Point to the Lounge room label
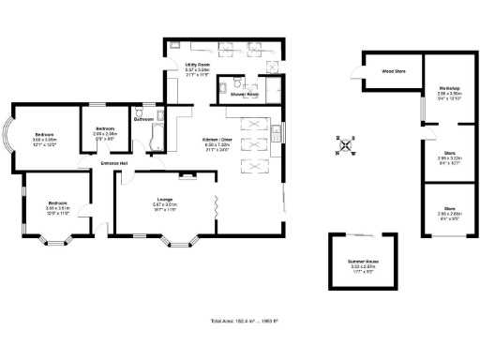click(165, 199)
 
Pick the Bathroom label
click(143, 119)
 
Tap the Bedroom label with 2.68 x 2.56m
click(104, 128)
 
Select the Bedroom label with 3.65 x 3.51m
click(57, 202)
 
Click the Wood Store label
click(393, 70)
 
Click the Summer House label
click(362, 262)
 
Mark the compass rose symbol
click(347, 145)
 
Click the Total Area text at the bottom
click(239, 322)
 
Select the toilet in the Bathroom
click(162, 115)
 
